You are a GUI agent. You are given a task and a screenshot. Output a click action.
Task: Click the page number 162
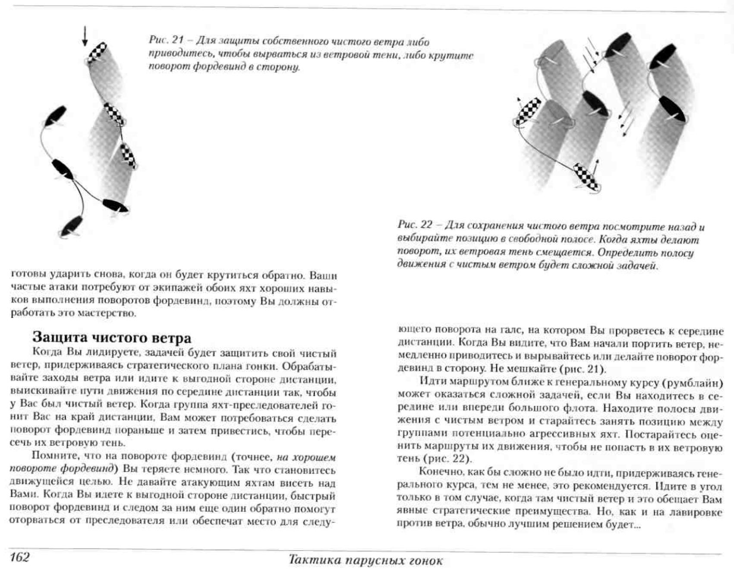pos(20,557)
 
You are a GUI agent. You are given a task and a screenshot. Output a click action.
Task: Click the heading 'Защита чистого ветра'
pos(112,337)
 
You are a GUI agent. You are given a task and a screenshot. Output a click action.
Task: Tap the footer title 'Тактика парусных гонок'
pos(365,560)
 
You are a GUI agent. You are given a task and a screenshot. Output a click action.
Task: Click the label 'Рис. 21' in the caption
pos(166,40)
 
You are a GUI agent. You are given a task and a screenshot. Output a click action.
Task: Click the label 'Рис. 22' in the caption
pos(415,225)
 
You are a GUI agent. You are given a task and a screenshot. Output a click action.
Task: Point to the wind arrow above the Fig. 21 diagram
pos(85,36)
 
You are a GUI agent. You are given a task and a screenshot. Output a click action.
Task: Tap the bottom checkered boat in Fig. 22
pos(586,175)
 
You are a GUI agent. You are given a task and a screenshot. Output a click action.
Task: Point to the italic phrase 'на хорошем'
pos(306,457)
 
